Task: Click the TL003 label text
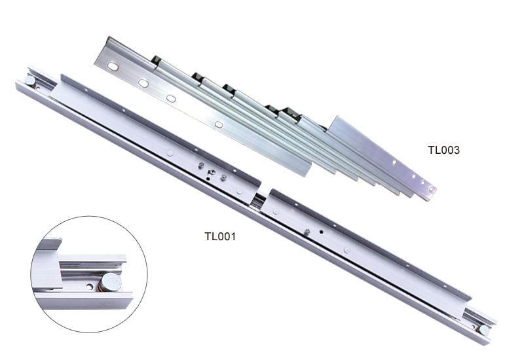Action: pyautogui.click(x=444, y=150)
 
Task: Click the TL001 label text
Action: pyautogui.click(x=220, y=236)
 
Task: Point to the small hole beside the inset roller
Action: pyautogui.click(x=90, y=286)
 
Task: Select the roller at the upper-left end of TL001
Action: pyautogui.click(x=29, y=81)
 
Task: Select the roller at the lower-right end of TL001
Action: pyautogui.click(x=483, y=331)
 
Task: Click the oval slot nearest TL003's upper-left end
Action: pyautogui.click(x=113, y=67)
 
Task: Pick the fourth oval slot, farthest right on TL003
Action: pyautogui.click(x=219, y=124)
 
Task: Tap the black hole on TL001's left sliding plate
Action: pyautogui.click(x=208, y=179)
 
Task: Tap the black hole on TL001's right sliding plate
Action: pyautogui.click(x=321, y=232)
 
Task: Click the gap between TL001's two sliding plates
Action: pyautogui.click(x=260, y=199)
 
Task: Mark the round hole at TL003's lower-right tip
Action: pyautogui.click(x=431, y=189)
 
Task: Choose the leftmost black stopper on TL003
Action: pyautogui.click(x=156, y=60)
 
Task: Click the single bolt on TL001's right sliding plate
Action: pyautogui.click(x=307, y=231)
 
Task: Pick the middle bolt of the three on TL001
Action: pyautogui.click(x=211, y=172)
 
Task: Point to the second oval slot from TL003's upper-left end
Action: pyautogui.click(x=143, y=83)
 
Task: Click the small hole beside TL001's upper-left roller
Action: pyautogui.click(x=38, y=88)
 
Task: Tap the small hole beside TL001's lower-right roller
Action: pyautogui.click(x=473, y=327)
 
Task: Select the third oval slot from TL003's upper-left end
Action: pyautogui.click(x=171, y=98)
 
